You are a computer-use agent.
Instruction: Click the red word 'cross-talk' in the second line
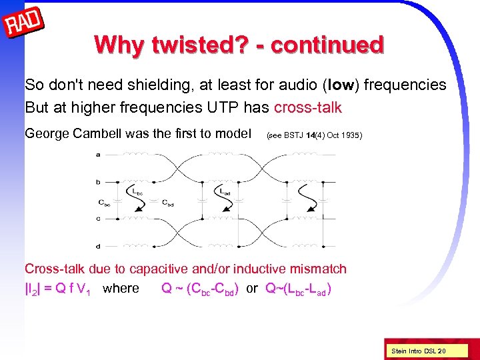(x=307, y=107)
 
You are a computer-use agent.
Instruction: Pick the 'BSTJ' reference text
(x=295, y=135)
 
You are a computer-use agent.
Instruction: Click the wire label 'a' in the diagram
(x=99, y=155)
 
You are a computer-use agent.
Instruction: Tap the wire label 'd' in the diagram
(x=99, y=246)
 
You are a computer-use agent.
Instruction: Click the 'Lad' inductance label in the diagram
(x=226, y=191)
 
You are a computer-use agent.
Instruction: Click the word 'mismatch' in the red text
(x=315, y=269)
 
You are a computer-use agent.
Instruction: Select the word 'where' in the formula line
(x=121, y=289)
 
